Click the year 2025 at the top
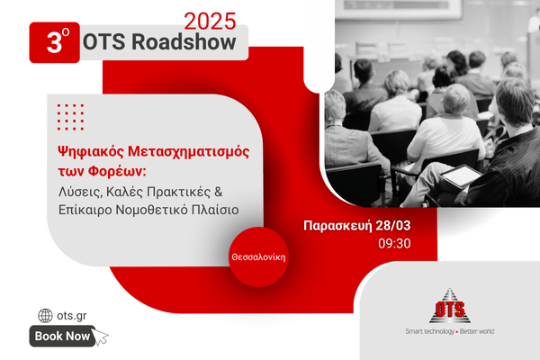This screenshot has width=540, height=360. (210, 22)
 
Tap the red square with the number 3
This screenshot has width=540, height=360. (54, 42)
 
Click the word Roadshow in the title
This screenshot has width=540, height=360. (184, 42)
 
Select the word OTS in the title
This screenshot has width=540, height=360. (104, 42)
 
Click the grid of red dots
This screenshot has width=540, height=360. (70, 117)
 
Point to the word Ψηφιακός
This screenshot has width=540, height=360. (91, 152)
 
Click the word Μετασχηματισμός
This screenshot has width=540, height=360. (189, 152)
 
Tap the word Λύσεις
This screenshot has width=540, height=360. (80, 192)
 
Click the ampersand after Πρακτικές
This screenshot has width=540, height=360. (219, 192)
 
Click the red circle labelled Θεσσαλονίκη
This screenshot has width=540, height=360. (258, 257)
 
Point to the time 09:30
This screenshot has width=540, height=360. (394, 244)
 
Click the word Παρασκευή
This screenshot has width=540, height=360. (337, 226)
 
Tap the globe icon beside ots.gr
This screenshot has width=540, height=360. (45, 316)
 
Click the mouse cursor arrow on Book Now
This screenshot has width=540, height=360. (100, 337)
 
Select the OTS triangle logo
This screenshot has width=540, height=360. (450, 306)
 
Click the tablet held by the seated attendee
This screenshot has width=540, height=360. (462, 175)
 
